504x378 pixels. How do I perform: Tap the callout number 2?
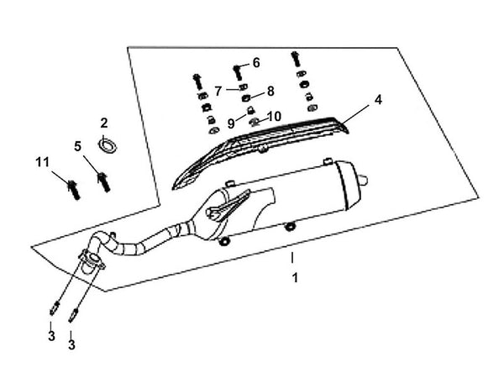[105, 122]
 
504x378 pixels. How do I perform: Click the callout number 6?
[256, 62]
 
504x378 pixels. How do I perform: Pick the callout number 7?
[218, 89]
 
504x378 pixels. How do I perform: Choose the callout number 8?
[270, 91]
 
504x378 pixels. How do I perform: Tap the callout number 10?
[274, 116]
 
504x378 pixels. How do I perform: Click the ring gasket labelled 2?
[108, 144]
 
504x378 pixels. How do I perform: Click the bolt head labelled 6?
[236, 66]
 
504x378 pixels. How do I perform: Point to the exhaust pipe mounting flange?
[90, 262]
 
